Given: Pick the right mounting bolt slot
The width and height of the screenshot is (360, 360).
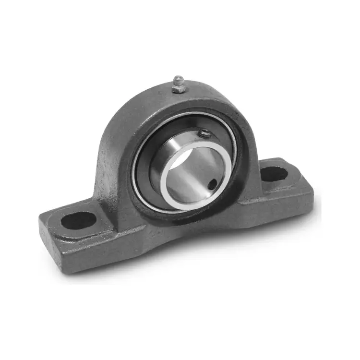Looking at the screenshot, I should coord(276,173).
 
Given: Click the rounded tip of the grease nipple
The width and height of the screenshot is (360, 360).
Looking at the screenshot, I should coord(178,78).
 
